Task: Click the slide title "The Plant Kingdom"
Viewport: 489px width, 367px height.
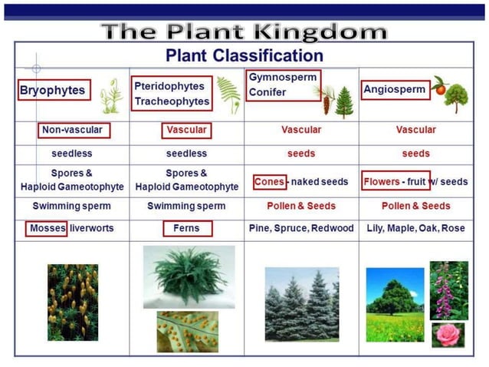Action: [x=244, y=32]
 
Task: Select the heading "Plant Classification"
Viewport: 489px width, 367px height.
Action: [x=244, y=56]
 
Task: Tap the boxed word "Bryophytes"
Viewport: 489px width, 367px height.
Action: [x=52, y=91]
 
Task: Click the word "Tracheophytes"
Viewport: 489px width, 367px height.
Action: [x=172, y=101]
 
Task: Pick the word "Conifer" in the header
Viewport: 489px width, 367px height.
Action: [x=267, y=92]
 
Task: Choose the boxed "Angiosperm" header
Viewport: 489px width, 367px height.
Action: [x=394, y=90]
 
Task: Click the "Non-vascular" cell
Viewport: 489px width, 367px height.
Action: [x=73, y=130]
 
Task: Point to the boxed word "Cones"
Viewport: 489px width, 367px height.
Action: [x=269, y=182]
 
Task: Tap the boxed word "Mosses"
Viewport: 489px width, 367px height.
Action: [x=48, y=229]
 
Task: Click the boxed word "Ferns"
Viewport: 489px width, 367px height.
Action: [x=186, y=229]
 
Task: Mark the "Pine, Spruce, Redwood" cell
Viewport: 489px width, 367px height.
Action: [x=301, y=229]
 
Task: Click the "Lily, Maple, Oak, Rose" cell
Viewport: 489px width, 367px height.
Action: [x=415, y=229]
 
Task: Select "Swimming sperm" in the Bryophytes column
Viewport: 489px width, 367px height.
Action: [x=72, y=206]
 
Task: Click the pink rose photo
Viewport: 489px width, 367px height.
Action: [x=448, y=334]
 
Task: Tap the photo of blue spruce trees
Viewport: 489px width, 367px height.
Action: [x=301, y=304]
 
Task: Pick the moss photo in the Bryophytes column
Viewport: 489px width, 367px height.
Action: [x=73, y=303]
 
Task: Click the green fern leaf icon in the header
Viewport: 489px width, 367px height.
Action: [x=228, y=93]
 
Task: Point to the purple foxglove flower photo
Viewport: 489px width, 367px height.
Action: [x=448, y=290]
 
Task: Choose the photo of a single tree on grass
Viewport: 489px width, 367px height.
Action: [x=395, y=304]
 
